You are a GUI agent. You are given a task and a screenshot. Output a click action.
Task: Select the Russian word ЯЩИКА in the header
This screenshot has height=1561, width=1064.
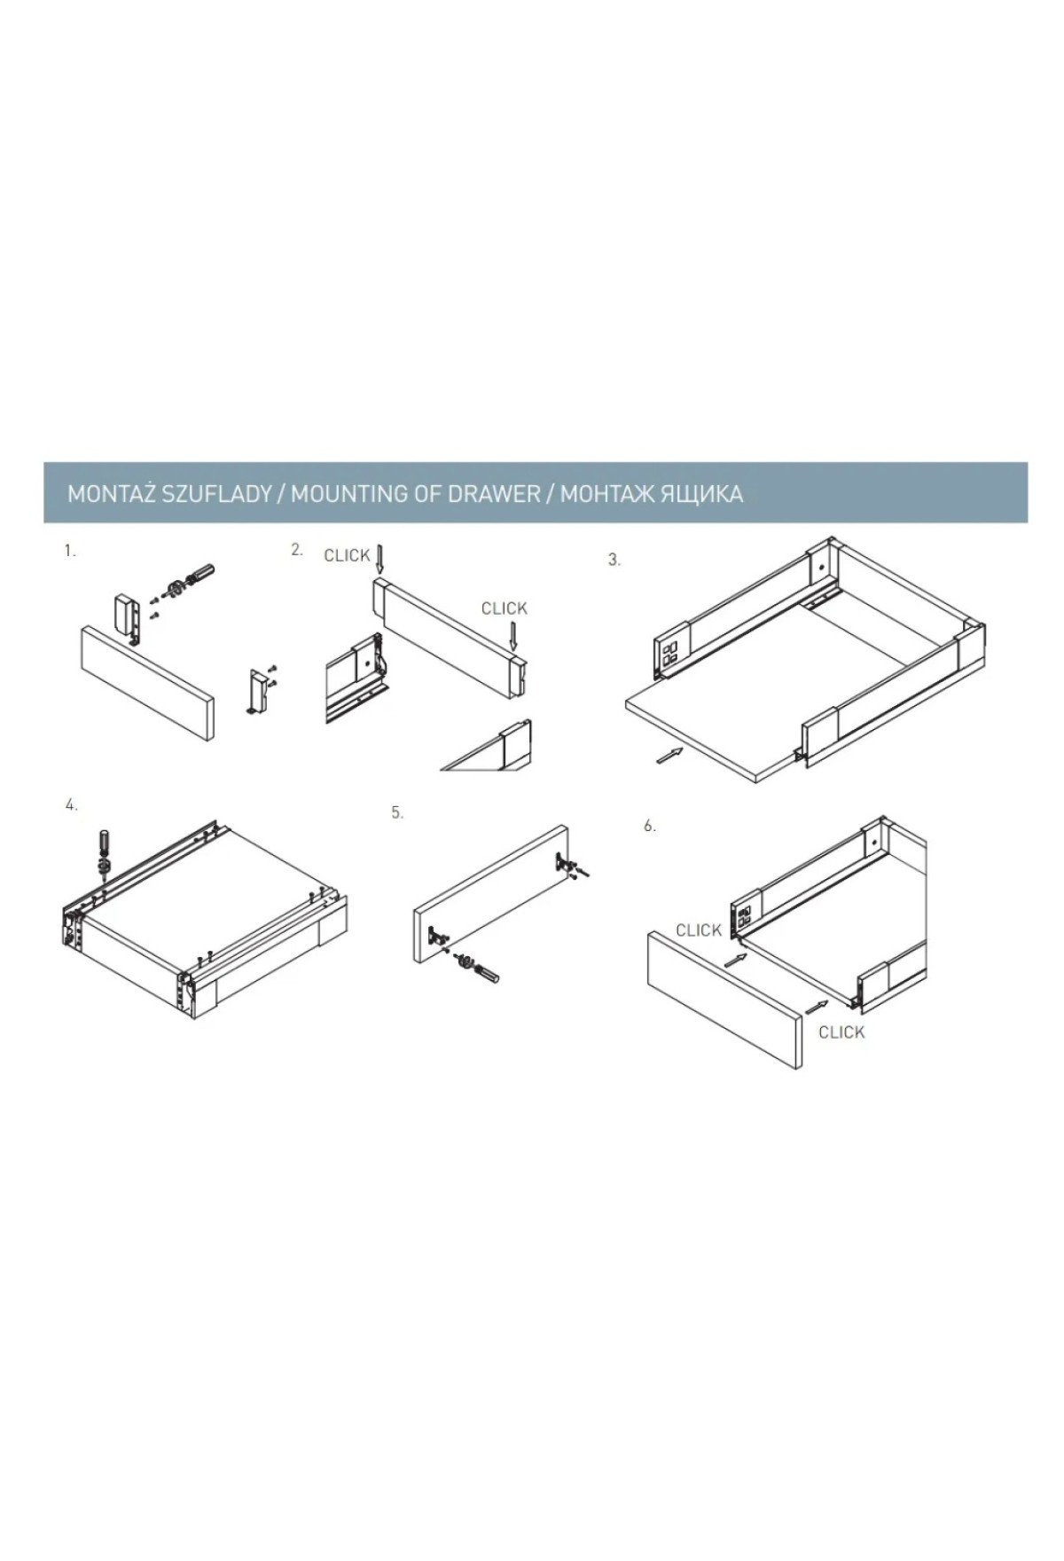click(x=701, y=494)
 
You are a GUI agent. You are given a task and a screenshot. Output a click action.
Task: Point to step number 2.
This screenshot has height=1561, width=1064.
click(x=297, y=550)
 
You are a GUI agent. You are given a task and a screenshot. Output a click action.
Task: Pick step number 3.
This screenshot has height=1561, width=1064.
click(x=614, y=561)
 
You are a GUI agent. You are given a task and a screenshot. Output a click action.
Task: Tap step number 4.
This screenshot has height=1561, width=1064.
click(x=72, y=805)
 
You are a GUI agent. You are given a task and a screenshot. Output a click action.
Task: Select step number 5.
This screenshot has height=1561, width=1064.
click(x=397, y=812)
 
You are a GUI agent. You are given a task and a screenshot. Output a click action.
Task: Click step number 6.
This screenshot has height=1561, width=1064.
click(x=650, y=826)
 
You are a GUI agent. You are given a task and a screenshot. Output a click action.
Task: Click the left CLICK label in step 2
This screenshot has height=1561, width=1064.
click(x=347, y=556)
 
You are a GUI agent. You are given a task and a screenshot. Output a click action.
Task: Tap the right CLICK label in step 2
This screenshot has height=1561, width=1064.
click(x=505, y=608)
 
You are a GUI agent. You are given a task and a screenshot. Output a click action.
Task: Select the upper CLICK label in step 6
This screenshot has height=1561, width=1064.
click(x=699, y=930)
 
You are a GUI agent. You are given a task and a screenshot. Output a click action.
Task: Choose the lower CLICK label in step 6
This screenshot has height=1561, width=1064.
click(x=841, y=1032)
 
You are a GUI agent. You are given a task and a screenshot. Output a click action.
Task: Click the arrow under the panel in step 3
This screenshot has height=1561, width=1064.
click(x=671, y=756)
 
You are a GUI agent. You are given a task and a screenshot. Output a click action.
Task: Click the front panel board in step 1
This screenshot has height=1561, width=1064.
click(x=147, y=681)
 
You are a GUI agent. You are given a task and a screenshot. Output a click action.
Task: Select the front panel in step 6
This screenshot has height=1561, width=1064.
click(x=725, y=1000)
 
